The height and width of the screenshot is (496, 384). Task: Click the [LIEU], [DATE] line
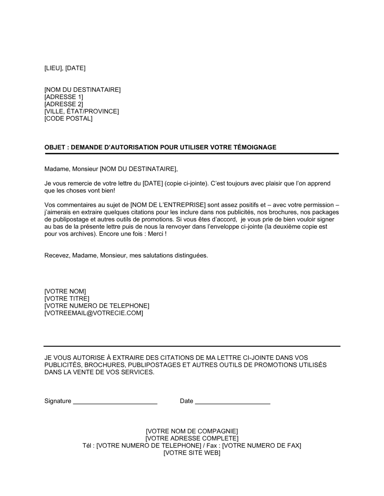click(65, 68)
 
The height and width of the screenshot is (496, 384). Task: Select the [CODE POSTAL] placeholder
click(68, 118)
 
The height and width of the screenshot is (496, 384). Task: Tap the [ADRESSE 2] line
click(64, 104)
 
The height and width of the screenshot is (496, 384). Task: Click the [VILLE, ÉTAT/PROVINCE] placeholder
click(82, 112)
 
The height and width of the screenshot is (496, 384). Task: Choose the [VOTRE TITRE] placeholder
click(67, 299)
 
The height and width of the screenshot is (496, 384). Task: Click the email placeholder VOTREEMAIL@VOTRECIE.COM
click(94, 313)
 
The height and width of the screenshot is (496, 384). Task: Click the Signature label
click(58, 401)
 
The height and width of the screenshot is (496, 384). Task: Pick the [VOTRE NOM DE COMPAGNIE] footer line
click(192, 431)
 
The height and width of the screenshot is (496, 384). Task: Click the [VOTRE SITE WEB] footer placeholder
click(192, 453)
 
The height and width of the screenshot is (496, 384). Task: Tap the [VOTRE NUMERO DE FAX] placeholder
click(262, 446)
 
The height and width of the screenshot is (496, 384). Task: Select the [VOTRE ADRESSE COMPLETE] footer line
click(192, 439)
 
